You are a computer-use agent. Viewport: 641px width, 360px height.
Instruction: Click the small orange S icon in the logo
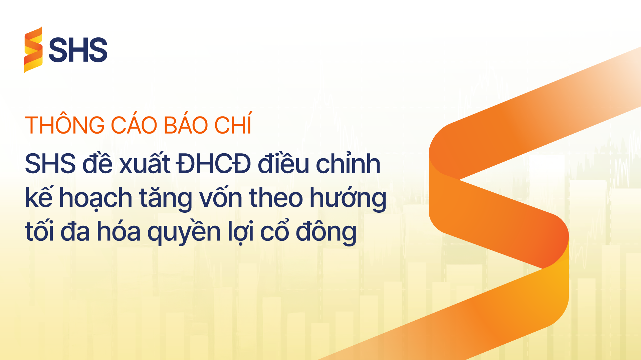(33, 50)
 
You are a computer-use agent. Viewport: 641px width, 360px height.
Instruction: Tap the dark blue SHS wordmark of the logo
(78, 50)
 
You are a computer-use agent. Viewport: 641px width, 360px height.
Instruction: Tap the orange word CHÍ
(233, 123)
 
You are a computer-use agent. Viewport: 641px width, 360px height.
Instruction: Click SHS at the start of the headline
(50, 164)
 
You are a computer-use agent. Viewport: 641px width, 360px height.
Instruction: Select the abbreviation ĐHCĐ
(214, 164)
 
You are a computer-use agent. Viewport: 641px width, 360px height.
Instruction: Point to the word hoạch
(95, 198)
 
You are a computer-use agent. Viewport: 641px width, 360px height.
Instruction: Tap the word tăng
(166, 198)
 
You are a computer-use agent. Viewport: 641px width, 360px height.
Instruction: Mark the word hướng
(348, 198)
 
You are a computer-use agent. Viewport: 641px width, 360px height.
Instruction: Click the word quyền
(184, 231)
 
